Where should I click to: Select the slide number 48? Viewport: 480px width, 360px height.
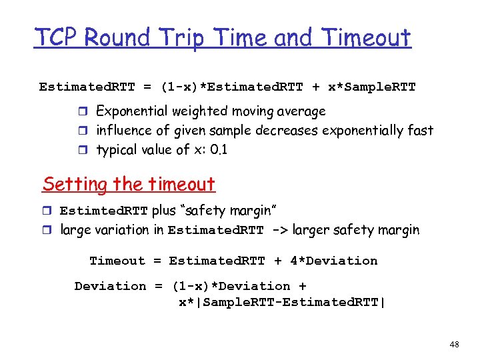(x=455, y=345)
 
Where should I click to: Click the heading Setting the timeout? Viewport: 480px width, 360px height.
(x=129, y=184)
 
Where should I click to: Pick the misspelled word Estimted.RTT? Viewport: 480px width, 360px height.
(x=104, y=211)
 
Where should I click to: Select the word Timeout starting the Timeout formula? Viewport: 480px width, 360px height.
(x=117, y=261)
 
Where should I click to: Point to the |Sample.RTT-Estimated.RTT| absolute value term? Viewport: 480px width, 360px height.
(x=281, y=303)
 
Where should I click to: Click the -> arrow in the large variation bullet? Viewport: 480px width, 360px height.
(x=280, y=230)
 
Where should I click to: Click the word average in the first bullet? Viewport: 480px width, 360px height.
(x=301, y=111)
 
